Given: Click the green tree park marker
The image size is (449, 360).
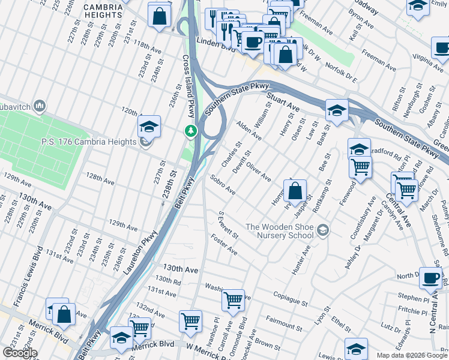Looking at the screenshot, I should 191,130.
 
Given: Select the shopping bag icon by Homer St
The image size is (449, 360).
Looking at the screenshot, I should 295,192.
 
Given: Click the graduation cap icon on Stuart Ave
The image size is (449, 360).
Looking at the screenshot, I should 337,110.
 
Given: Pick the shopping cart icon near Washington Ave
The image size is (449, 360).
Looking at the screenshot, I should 232,299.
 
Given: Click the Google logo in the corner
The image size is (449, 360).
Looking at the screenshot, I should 19,353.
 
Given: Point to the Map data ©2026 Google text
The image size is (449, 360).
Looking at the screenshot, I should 411,355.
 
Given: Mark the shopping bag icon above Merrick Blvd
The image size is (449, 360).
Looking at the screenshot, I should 63,314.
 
